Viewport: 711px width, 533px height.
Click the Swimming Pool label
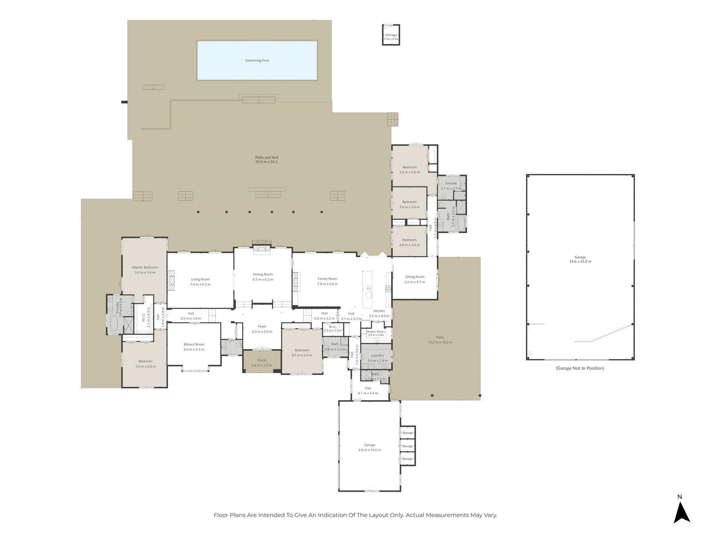[257, 60]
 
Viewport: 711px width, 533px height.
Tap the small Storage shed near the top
[391, 35]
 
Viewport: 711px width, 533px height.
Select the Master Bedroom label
[145, 267]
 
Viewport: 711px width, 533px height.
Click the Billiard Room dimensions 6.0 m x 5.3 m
[194, 350]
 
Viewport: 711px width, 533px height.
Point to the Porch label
[262, 360]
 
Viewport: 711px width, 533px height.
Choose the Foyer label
[262, 326]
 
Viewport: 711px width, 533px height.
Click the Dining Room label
[263, 274]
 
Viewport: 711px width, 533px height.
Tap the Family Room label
[327, 279]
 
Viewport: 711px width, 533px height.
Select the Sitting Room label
[414, 277]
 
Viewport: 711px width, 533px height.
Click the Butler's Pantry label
[375, 331]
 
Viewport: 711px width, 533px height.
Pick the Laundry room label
[377, 355]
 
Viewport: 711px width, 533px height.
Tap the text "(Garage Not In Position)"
[579, 368]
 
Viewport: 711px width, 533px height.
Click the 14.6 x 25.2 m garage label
[580, 259]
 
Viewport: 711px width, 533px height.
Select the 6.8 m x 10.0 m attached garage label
[369, 447]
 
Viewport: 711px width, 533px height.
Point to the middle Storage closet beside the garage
[407, 446]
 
